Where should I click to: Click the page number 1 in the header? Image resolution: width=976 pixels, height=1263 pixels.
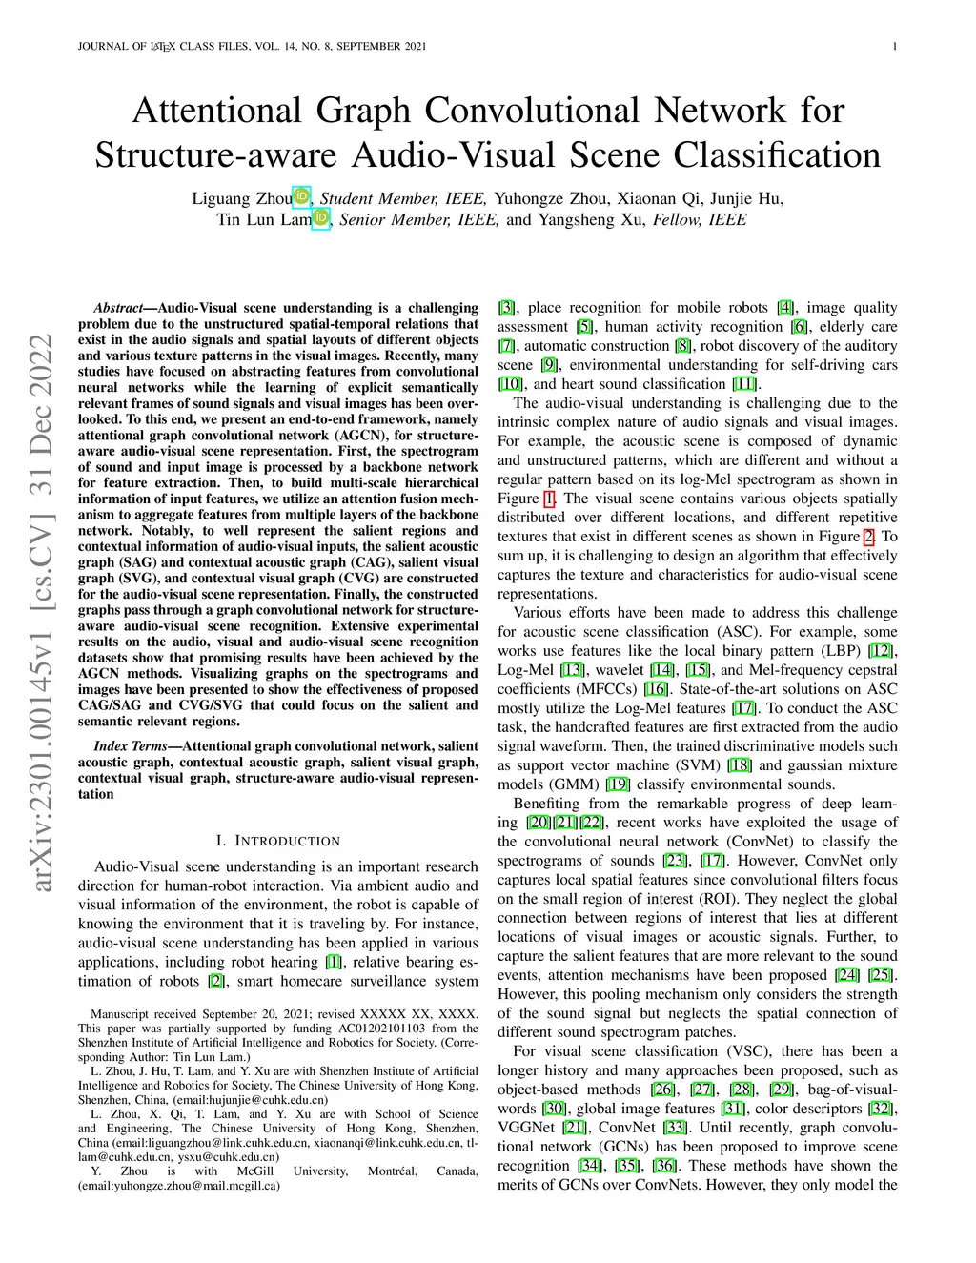[895, 47]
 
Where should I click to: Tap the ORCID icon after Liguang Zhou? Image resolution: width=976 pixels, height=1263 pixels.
[301, 196]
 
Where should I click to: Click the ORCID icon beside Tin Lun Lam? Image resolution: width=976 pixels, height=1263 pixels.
[320, 218]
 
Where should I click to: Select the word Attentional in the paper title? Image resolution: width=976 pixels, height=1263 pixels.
[217, 110]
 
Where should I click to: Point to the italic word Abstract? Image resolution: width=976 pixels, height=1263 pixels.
[118, 308]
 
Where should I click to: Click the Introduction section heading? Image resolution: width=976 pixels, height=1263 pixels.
[277, 841]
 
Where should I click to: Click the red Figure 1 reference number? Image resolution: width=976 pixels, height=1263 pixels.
[549, 499]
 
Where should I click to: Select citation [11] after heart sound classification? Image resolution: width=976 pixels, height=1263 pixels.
[744, 384]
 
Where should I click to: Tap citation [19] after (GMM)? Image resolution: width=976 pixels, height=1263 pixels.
[618, 784]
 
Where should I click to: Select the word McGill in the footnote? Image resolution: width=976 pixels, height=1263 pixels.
[255, 1171]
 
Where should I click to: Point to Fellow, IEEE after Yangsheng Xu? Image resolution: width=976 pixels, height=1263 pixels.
[700, 219]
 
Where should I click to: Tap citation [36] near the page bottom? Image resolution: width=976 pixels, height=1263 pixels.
[664, 1166]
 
